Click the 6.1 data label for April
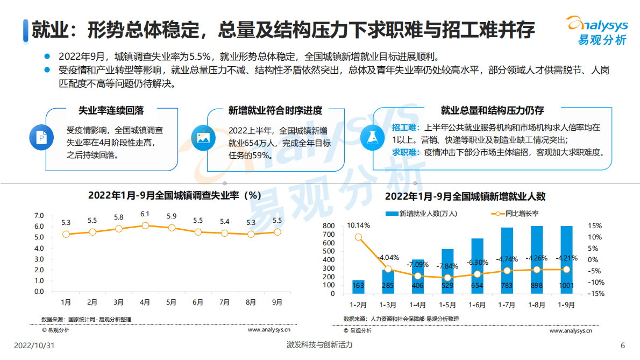tap(145, 214)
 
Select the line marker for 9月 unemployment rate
tap(278, 232)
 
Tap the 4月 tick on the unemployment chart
tap(145, 302)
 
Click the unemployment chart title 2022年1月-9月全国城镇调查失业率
tap(175, 195)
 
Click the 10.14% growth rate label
tap(358, 225)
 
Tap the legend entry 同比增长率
tap(516, 214)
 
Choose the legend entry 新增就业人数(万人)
tap(422, 214)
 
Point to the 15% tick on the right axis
tap(595, 226)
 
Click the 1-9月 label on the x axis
tap(566, 305)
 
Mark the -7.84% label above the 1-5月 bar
tap(447, 266)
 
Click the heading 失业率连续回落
tap(111, 110)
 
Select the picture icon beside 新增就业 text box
tap(203, 137)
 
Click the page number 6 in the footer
tap(623, 345)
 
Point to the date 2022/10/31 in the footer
tap(34, 345)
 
